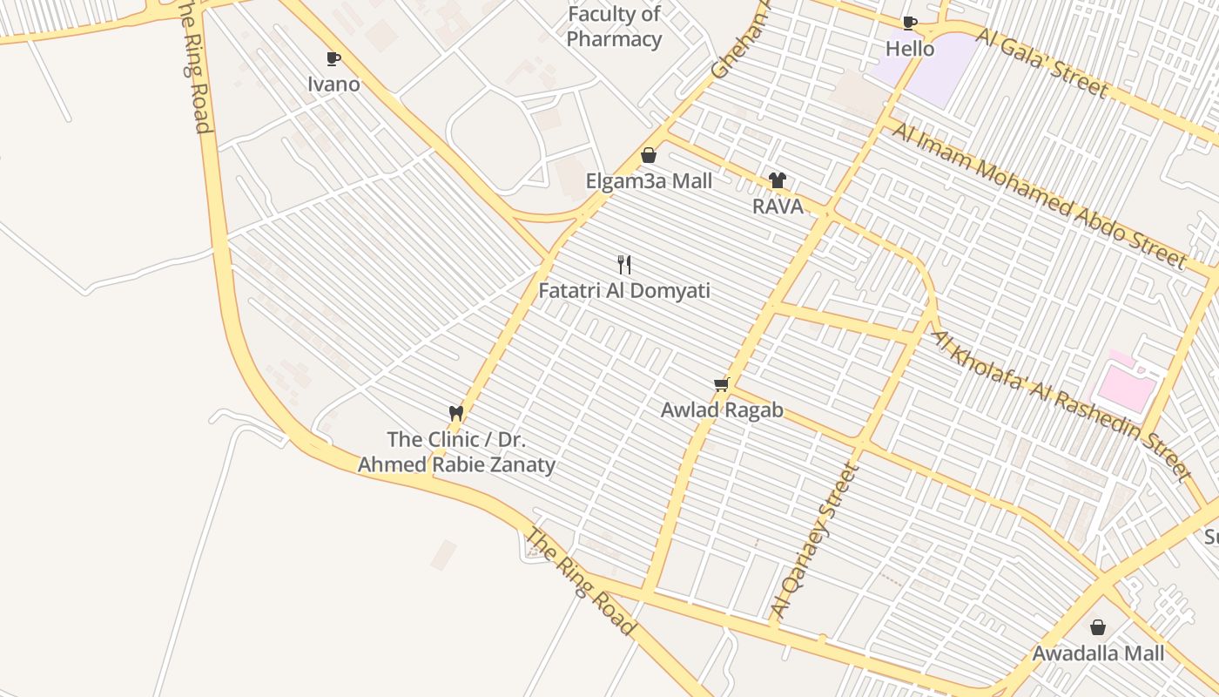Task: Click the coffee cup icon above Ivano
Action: (333, 58)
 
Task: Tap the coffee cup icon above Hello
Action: (910, 23)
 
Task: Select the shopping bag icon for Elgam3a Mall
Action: (649, 155)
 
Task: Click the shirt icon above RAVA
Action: (778, 180)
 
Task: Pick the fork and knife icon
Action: (624, 264)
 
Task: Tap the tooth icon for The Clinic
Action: (455, 413)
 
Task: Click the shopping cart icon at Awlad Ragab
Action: (721, 384)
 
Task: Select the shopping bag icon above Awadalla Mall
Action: (1098, 627)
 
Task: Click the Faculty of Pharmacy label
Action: (614, 27)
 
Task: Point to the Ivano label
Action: (333, 85)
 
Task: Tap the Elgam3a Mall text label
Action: (649, 181)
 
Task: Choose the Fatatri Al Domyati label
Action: (624, 291)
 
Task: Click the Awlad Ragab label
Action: (722, 409)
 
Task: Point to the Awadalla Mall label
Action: (1098, 653)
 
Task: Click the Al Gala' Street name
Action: (1041, 63)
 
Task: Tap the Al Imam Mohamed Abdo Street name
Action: (1038, 194)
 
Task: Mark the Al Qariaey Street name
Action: (815, 540)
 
